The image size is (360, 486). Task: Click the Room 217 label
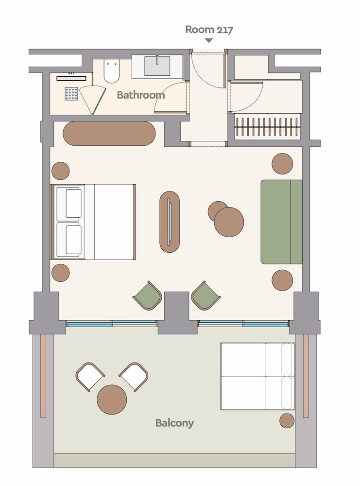[x=209, y=30]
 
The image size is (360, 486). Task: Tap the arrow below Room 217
[x=209, y=40]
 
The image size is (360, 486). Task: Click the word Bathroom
[x=141, y=95]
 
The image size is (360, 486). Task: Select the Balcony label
[x=174, y=423]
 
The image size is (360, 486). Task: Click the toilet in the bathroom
[x=111, y=71]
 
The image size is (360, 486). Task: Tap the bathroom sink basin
[x=157, y=66]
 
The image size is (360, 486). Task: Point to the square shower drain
[x=71, y=94]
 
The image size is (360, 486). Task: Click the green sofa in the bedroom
[x=281, y=222]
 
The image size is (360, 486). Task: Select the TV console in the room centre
[x=170, y=222]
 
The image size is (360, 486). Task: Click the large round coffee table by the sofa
[x=229, y=222]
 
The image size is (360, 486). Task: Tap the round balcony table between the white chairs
[x=112, y=399]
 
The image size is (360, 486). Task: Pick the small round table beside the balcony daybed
[x=287, y=420]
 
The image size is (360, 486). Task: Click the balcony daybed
[x=257, y=376]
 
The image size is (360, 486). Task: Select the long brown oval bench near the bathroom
[x=109, y=133]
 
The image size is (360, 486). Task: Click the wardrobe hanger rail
[x=267, y=127]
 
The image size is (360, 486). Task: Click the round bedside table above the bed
[x=60, y=171]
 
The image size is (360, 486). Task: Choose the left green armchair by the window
[x=148, y=295]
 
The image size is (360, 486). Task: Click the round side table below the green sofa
[x=282, y=280]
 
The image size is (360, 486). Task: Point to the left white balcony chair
[x=90, y=377]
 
